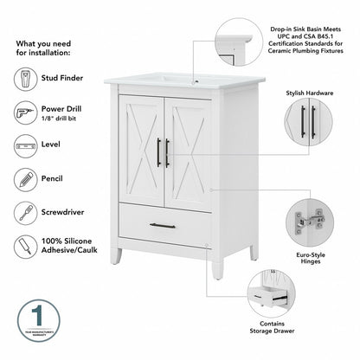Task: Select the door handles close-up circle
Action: click(309, 122)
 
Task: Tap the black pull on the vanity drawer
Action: click(162, 226)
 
